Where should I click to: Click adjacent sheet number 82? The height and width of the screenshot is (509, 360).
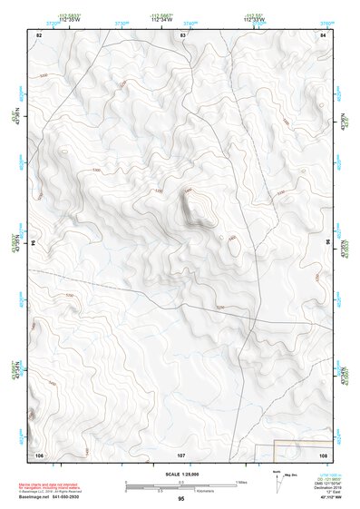39,34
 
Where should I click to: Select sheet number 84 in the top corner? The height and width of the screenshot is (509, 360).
324,34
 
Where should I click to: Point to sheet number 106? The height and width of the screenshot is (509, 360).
39,454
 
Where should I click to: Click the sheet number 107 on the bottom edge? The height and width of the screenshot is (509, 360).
181,454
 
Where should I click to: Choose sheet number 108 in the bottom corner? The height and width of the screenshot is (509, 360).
323,454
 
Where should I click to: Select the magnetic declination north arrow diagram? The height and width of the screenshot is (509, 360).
277,481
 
